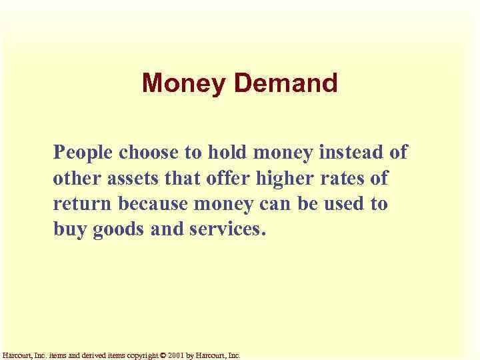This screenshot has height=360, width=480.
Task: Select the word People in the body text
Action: pos(84,153)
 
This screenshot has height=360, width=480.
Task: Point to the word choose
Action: pos(151,153)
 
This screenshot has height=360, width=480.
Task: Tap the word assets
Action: pos(126,179)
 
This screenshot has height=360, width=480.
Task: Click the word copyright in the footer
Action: pos(139,356)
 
